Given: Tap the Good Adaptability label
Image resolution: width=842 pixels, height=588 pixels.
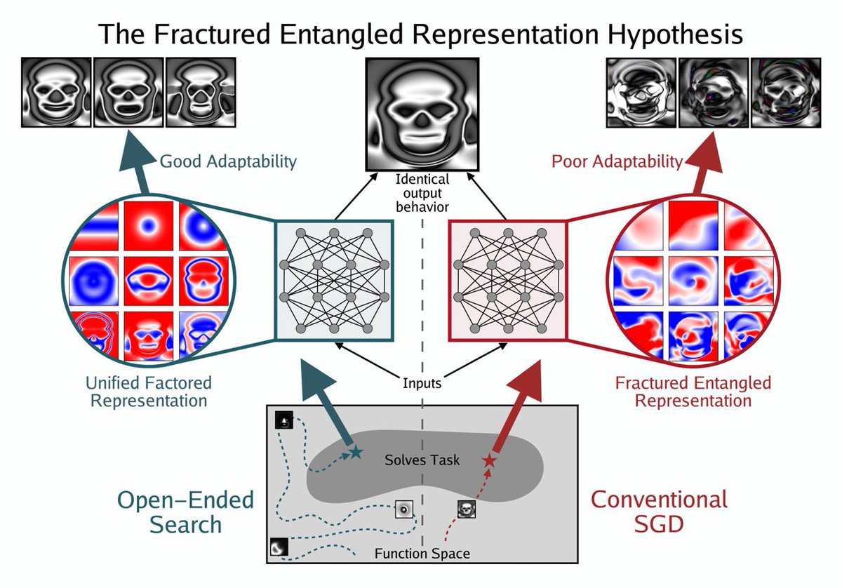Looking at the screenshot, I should pyautogui.click(x=229, y=162).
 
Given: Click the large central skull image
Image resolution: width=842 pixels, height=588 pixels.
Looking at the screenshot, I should pyautogui.click(x=422, y=114).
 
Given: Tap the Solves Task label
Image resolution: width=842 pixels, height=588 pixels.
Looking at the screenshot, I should pyautogui.click(x=422, y=460).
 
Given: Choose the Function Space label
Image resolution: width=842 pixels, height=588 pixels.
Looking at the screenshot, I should pyautogui.click(x=422, y=554).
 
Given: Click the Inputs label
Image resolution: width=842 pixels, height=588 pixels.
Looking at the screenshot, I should pyautogui.click(x=422, y=384).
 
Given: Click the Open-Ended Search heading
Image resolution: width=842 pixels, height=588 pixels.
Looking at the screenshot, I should pyautogui.click(x=185, y=512).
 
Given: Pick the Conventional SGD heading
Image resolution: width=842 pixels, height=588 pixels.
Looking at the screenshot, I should pyautogui.click(x=659, y=512).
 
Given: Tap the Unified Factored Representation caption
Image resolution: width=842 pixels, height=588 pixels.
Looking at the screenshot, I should pyautogui.click(x=148, y=392).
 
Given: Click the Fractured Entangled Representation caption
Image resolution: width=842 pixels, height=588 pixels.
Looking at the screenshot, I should pyautogui.click(x=693, y=392).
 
